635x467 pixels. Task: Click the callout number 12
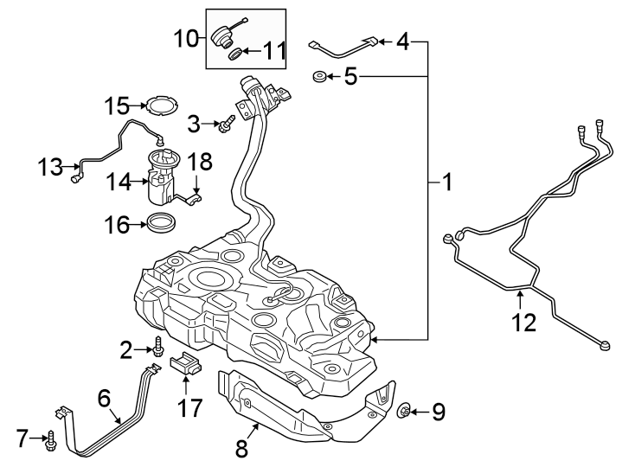point(524,323)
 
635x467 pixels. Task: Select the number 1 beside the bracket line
point(447,182)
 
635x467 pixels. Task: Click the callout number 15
point(117,106)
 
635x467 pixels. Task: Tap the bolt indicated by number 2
point(158,349)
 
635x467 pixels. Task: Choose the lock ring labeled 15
point(157,107)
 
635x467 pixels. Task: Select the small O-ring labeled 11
point(234,54)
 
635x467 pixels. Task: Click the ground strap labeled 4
point(346,44)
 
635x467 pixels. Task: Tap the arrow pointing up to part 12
point(519,299)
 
